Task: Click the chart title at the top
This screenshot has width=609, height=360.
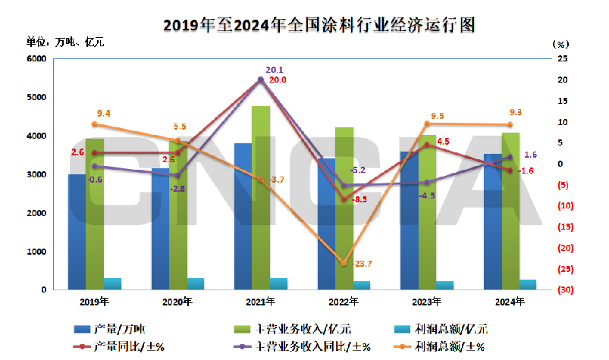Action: (319, 24)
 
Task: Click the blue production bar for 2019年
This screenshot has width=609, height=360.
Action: (77, 231)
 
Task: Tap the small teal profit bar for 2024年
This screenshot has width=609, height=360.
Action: (528, 284)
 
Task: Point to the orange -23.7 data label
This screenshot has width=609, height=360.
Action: (361, 264)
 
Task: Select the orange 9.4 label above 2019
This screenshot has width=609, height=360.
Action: (104, 114)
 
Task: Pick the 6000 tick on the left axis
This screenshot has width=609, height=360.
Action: (36, 58)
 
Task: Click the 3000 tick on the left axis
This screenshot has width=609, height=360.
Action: (36, 174)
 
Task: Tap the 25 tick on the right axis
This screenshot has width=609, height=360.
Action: (562, 58)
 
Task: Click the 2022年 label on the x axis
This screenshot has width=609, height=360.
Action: (344, 302)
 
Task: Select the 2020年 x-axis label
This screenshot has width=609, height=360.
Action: (178, 302)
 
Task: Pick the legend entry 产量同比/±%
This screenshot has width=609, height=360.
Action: (130, 347)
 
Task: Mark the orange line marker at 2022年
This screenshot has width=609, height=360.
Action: (344, 263)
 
